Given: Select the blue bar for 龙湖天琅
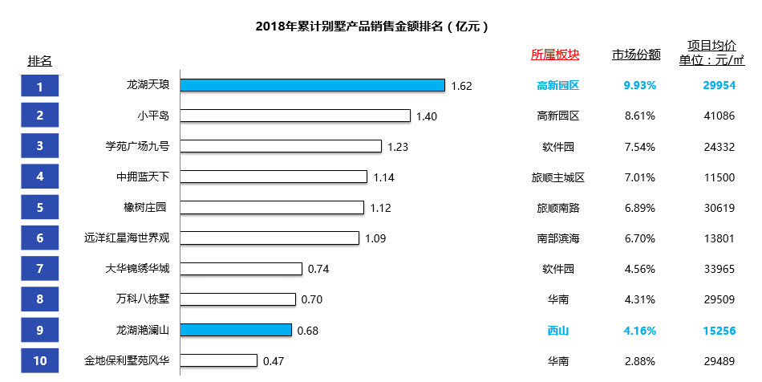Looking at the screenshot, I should point(312,85).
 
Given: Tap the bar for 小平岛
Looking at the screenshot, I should point(295,116).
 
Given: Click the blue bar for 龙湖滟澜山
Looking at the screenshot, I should point(236,330).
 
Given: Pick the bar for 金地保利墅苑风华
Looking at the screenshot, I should point(218,360).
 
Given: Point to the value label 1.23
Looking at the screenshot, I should point(398,146).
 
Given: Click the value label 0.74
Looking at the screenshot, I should point(318,269).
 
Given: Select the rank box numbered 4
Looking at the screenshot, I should point(40,177).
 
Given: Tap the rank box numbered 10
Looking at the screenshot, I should point(40,360).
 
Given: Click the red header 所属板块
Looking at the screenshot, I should point(555,55).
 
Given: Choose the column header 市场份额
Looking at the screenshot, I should point(636,55).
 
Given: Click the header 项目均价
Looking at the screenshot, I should point(711,45).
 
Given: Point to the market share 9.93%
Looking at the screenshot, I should point(639,85).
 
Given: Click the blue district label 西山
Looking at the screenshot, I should point(557,330).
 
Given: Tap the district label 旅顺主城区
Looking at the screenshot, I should point(557,177).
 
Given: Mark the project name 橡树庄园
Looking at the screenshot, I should point(145,208).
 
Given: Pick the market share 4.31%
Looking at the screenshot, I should point(639,299).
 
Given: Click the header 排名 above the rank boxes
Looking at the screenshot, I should point(40,61).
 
